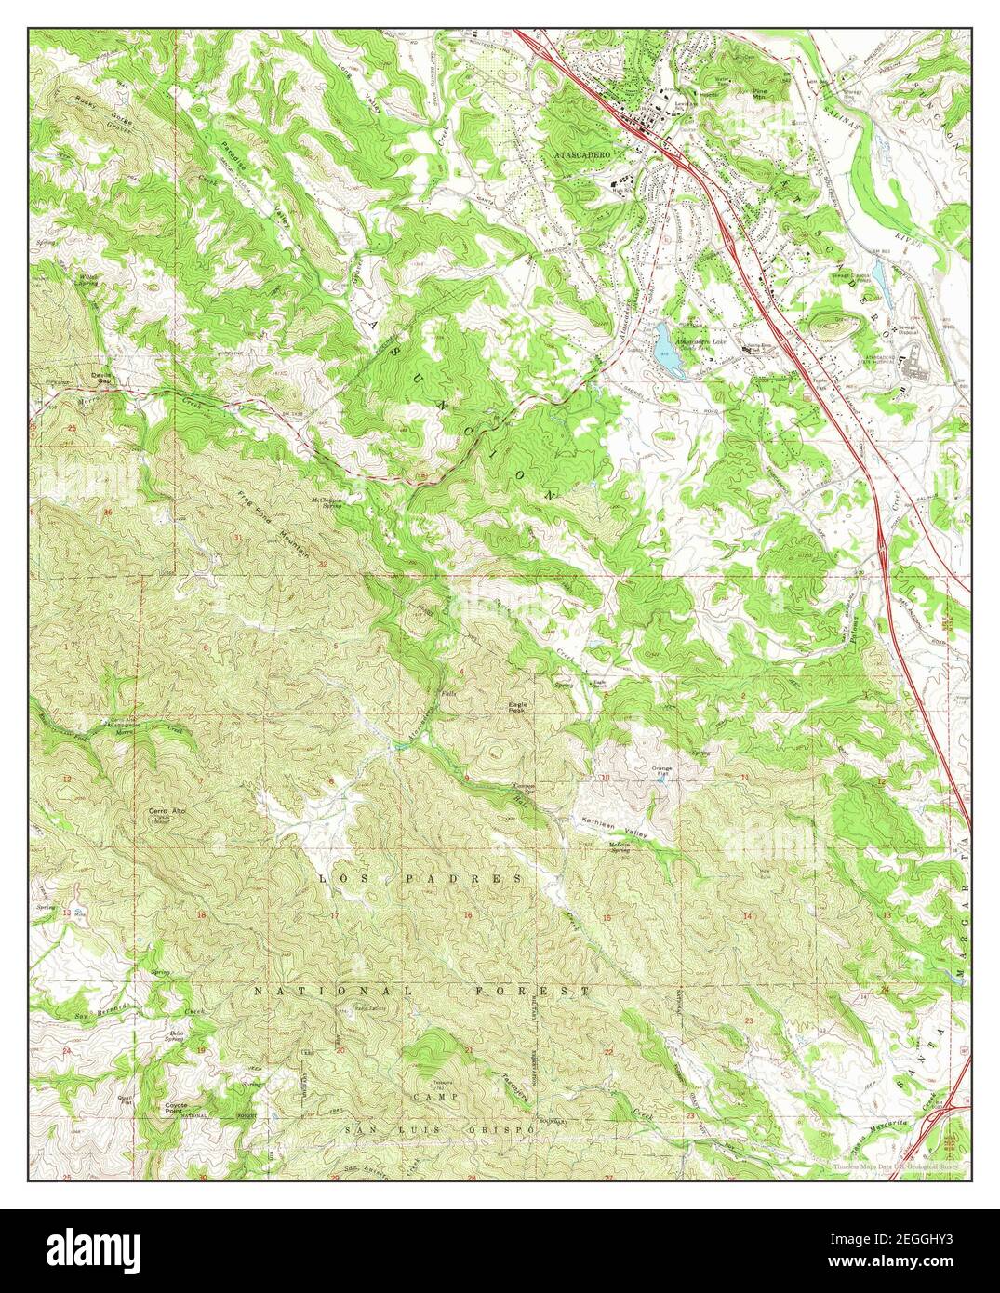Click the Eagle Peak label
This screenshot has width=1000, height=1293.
coord(517,707)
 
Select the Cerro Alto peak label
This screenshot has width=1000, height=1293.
coord(167,812)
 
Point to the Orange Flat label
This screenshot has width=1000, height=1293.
coord(661,770)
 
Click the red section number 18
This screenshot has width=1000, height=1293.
coord(201,916)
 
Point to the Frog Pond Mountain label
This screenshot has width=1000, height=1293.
coord(273,525)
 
